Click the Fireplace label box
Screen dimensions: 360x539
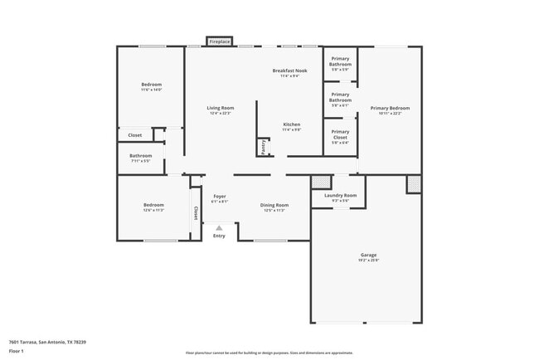[x=220, y=41]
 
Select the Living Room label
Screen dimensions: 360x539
[x=221, y=108]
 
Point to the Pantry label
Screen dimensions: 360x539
[x=264, y=146]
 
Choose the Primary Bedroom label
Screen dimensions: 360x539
[x=390, y=108]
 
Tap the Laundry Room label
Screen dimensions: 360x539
[x=334, y=196]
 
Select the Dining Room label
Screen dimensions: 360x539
[x=274, y=205]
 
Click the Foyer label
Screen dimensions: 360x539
[x=220, y=197]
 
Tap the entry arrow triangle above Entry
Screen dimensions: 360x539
[x=219, y=227]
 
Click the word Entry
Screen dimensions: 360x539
[x=219, y=236]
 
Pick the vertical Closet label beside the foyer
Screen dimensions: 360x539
[x=196, y=213]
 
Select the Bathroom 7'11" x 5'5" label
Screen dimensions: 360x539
[x=140, y=156]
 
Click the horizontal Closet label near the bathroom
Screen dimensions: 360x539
[x=135, y=135]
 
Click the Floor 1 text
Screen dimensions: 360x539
[x=17, y=351]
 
